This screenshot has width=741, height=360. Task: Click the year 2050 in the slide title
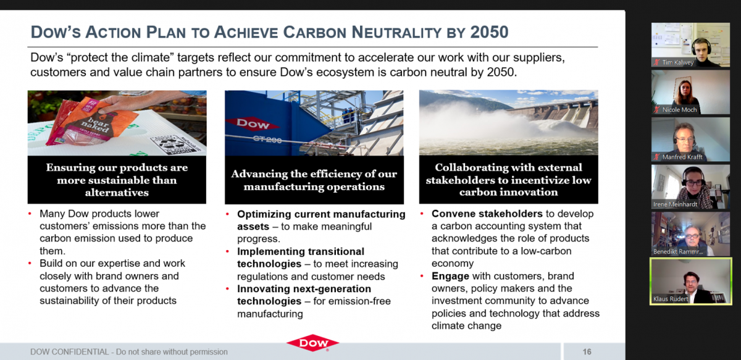(x=489, y=32)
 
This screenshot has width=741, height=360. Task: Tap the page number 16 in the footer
(x=587, y=352)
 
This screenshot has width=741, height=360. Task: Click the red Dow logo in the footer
(x=313, y=343)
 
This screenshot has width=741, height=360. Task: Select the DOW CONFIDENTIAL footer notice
(x=129, y=352)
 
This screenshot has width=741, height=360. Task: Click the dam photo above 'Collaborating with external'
(x=508, y=122)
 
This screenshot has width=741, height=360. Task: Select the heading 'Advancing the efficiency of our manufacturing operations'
(x=314, y=180)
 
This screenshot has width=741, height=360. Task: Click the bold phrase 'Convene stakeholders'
(x=487, y=214)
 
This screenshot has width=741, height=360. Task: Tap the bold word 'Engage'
(x=450, y=276)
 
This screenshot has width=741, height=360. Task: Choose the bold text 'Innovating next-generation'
(x=304, y=288)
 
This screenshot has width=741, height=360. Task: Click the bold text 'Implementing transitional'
(x=301, y=251)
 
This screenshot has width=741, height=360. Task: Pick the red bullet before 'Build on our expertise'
(x=30, y=264)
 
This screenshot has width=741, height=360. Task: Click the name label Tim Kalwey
(x=678, y=62)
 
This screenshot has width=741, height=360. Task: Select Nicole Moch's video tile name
(x=679, y=109)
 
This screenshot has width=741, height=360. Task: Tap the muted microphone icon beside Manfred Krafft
(x=656, y=157)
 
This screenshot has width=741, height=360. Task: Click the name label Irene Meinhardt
(x=675, y=204)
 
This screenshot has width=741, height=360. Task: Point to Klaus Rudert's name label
(x=671, y=299)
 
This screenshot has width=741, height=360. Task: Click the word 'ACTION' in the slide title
(x=114, y=33)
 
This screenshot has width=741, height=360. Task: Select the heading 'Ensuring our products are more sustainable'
(x=117, y=174)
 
